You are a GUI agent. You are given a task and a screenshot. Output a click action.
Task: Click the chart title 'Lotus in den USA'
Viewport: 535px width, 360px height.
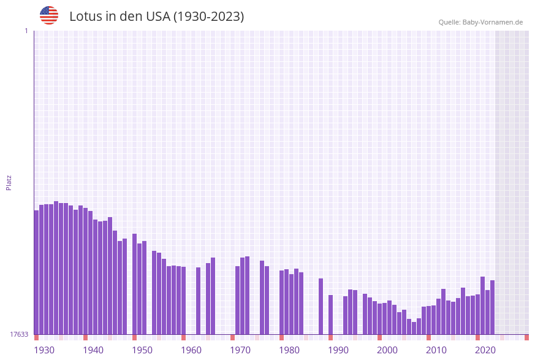tap(156, 17)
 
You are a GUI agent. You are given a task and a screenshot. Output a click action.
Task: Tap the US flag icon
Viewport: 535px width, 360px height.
tap(49, 15)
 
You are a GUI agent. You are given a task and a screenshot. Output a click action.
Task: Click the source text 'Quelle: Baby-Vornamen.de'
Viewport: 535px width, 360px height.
tap(480, 22)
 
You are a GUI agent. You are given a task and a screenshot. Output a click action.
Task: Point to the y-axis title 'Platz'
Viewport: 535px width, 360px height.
tap(9, 182)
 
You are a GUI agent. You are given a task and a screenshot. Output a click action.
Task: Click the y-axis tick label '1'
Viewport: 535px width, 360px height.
tap(26, 31)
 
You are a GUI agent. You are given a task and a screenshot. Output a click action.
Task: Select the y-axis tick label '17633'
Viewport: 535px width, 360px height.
tap(19, 334)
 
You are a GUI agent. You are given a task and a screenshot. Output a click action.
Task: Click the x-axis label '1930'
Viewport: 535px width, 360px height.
tap(44, 350)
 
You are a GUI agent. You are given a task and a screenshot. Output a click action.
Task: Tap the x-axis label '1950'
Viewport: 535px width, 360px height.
tap(142, 350)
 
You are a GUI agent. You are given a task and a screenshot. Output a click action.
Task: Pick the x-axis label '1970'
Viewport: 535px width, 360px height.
tap(240, 350)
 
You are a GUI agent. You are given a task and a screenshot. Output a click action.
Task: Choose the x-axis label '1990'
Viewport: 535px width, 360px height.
tap(338, 350)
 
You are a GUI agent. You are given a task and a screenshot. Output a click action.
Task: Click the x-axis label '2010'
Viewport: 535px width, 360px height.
tap(436, 350)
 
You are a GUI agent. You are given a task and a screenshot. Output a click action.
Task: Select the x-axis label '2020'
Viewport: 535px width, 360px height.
tap(485, 350)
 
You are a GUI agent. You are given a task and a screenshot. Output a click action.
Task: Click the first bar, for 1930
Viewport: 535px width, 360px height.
tap(36, 272)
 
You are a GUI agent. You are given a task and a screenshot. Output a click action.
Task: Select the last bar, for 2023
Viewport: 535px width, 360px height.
tap(492, 307)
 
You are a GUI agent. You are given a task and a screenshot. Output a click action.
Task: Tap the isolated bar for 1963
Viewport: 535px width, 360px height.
tap(198, 301)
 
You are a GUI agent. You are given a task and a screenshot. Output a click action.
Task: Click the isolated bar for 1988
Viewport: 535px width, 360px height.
tap(321, 306)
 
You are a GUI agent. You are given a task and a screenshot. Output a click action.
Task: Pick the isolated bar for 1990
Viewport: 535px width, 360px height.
tap(330, 315)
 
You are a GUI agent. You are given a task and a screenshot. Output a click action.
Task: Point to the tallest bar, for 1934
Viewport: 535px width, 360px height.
tap(56, 267)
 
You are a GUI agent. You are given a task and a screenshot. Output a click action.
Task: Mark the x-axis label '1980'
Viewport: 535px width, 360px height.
tap(289, 350)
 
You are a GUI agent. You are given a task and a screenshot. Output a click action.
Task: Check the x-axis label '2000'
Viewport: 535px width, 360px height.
tap(387, 350)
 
